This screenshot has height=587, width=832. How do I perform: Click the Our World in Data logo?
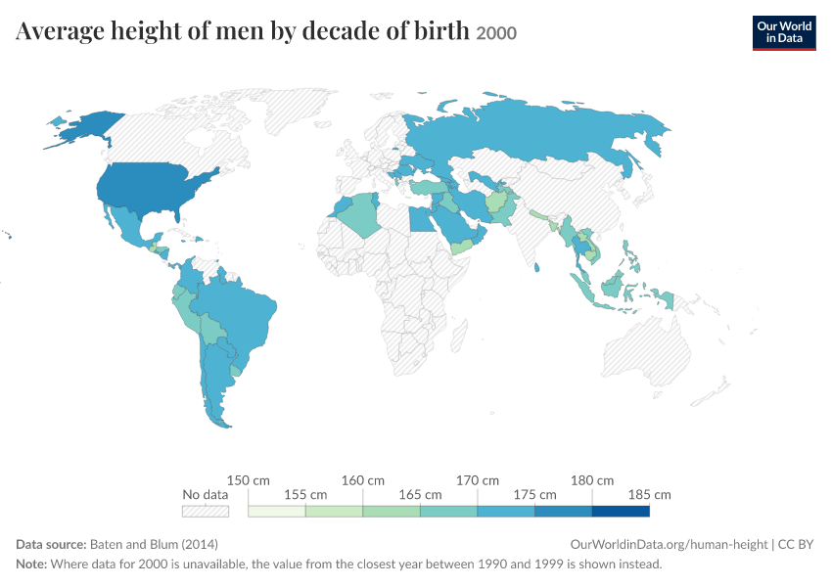pos(784,33)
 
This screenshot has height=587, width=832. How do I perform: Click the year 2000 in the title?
pos(496,33)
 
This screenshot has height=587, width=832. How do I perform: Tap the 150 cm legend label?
pos(249,480)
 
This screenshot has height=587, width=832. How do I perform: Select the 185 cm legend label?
pos(650,495)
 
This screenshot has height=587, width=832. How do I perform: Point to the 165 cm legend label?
pos(420,495)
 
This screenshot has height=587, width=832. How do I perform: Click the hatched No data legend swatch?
pos(206,511)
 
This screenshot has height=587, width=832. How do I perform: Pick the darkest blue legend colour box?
pos(621,511)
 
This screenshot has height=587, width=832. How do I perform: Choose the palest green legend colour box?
pos(277,511)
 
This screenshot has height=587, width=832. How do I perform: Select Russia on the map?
pos(531,133)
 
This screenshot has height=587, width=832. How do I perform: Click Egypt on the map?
pos(422,218)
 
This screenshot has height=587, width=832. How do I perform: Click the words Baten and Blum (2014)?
pos(154,544)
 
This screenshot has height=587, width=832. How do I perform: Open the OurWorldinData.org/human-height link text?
pos(669,544)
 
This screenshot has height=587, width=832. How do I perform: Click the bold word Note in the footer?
pos(31,564)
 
